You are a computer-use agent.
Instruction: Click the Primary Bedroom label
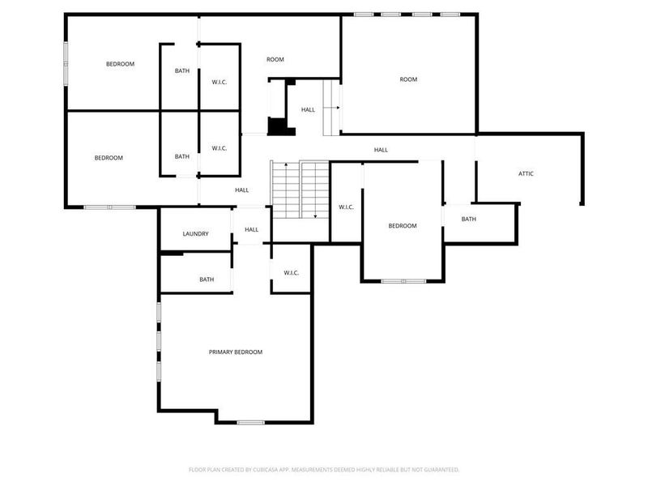click(x=236, y=352)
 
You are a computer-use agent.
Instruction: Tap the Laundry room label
click(x=195, y=234)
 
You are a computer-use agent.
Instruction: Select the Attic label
click(x=526, y=173)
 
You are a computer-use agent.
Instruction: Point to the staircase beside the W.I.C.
click(x=300, y=190)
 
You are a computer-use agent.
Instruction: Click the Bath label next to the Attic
click(x=469, y=219)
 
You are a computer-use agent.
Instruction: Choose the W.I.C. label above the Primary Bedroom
click(x=292, y=273)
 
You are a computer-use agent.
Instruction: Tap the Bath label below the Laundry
click(x=207, y=279)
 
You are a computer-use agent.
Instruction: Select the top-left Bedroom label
click(x=120, y=64)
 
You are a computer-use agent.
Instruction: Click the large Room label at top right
click(x=408, y=79)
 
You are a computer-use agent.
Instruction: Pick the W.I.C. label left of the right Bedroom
click(x=346, y=207)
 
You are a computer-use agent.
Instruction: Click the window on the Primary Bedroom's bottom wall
click(x=251, y=422)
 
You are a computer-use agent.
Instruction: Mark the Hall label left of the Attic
click(x=381, y=150)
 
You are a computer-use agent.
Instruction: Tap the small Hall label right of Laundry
click(x=251, y=229)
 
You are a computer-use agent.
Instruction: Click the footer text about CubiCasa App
click(x=324, y=469)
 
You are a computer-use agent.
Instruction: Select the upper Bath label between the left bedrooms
click(x=182, y=70)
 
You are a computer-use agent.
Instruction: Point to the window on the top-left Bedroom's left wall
click(x=66, y=62)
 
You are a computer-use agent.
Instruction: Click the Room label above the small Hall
click(x=275, y=59)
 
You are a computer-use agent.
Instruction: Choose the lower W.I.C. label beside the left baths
click(x=219, y=148)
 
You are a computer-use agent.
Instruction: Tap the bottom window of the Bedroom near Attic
click(x=403, y=281)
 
